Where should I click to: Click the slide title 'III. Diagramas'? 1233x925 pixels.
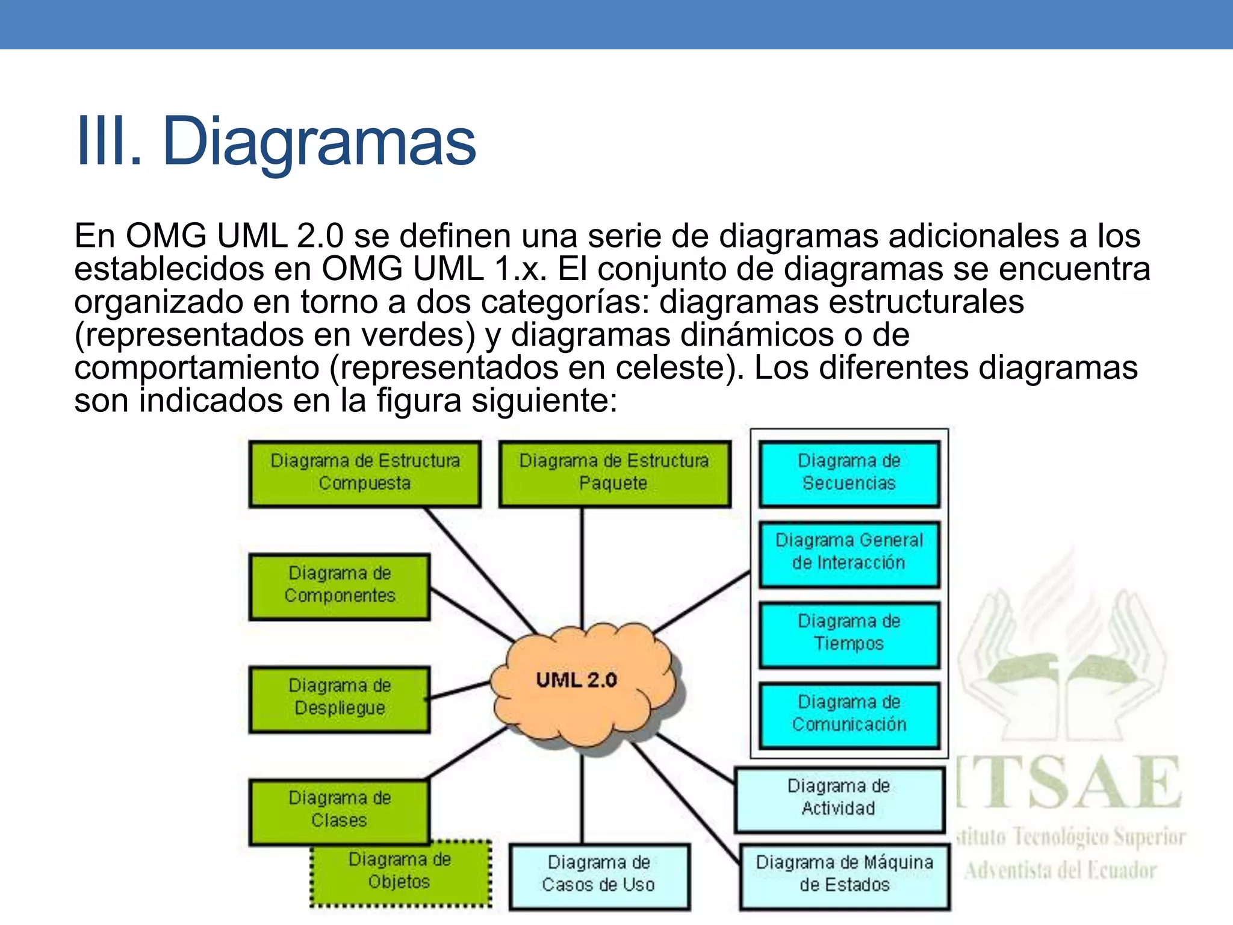pos(276,142)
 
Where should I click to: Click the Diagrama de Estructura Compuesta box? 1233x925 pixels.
pos(365,473)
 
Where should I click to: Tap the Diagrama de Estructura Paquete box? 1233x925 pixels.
pos(614,473)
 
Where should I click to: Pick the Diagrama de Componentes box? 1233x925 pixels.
pos(340,586)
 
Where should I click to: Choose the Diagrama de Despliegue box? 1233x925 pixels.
pos(340,699)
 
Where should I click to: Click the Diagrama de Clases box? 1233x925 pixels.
pos(340,811)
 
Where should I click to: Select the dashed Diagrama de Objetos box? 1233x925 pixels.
pos(400,873)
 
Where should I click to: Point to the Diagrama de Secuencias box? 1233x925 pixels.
pos(849,473)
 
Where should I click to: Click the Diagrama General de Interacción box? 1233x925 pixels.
pos(849,553)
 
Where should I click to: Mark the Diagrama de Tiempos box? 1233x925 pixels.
pos(849,634)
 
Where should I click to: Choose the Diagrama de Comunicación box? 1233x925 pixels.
pos(849,715)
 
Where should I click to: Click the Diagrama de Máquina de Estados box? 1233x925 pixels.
pos(844,875)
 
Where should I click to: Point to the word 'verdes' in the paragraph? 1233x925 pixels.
pos(417,335)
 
